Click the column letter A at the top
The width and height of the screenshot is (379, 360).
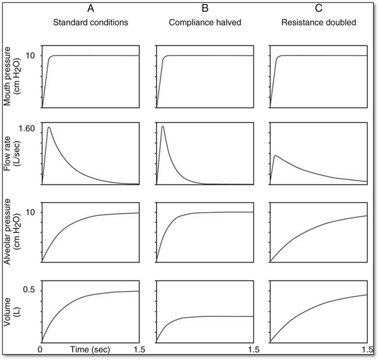90,9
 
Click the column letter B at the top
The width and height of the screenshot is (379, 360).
203,9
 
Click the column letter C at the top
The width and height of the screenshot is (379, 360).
317,9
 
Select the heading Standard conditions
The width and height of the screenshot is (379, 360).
90,23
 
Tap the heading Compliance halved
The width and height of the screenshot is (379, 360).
203,23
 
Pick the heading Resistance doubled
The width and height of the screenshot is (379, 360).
317,23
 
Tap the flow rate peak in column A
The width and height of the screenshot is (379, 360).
49,128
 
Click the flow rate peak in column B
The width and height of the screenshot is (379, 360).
163,127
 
